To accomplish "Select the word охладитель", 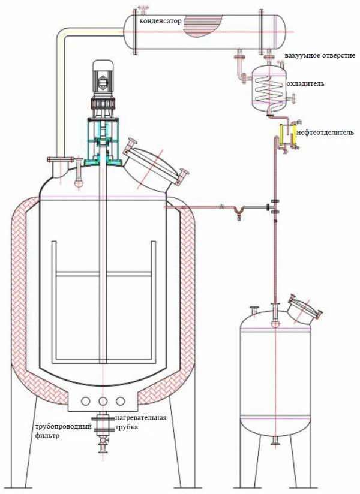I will tap(306, 83).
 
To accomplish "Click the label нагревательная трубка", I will tap(142, 423).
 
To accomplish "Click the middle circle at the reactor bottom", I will tap(103, 401).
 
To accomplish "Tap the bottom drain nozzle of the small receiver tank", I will tap(275, 442).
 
